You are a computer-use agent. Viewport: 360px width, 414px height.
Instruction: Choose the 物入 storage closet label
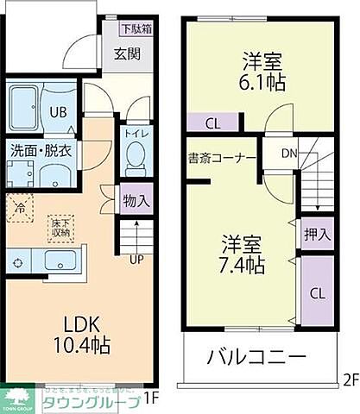point(136,200)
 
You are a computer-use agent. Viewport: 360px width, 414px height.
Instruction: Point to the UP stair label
point(136,258)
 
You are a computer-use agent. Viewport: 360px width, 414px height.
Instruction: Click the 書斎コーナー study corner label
point(222,159)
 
